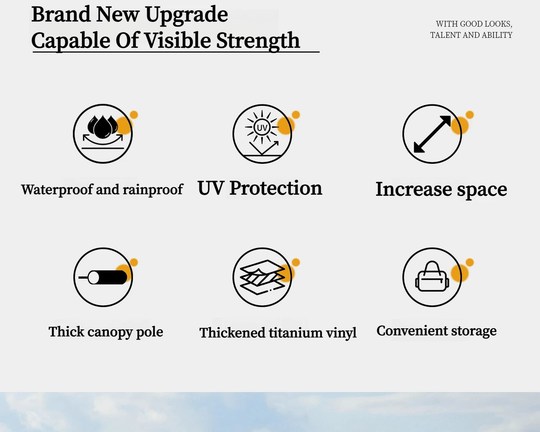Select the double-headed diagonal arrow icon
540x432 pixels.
pyautogui.click(x=432, y=134)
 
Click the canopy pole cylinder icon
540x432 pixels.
pyautogui.click(x=103, y=277)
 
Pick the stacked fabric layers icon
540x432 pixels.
pyautogui.click(x=262, y=277)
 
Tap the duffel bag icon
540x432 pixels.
pyautogui.click(x=432, y=276)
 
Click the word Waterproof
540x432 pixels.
pyautogui.click(x=57, y=189)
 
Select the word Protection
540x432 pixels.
pyautogui.click(x=276, y=188)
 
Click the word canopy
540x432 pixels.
pyautogui.click(x=110, y=332)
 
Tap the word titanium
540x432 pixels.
pyautogui.click(x=296, y=333)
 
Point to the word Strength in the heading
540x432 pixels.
pyautogui.click(x=258, y=41)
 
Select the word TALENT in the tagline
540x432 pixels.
pyautogui.click(x=445, y=35)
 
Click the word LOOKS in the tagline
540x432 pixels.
pyautogui.click(x=498, y=24)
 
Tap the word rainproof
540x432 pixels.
pyautogui.click(x=153, y=189)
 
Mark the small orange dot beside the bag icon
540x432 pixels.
pyautogui.click(x=469, y=262)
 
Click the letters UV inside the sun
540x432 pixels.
pyautogui.click(x=262, y=128)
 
